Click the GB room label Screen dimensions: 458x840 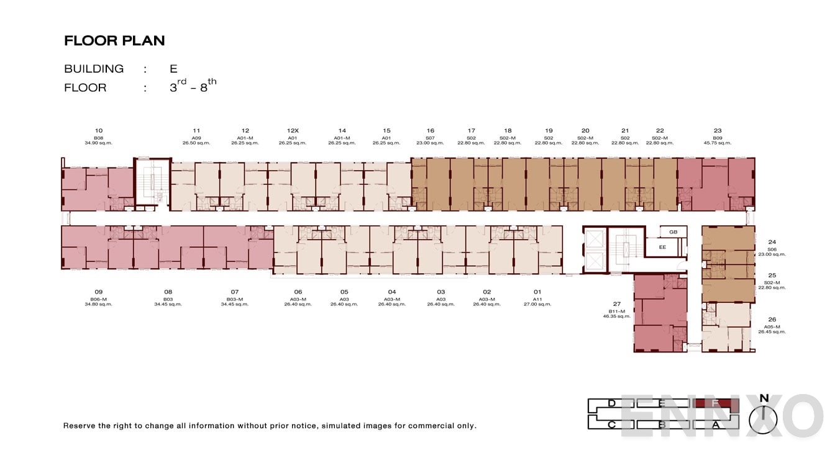click(673, 232)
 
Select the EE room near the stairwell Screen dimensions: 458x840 click(662, 247)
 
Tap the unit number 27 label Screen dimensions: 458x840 click(617, 304)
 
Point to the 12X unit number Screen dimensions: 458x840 click(293, 131)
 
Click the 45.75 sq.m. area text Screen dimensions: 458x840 click(718, 143)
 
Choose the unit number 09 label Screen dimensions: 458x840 click(99, 292)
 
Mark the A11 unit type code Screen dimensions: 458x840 click(537, 299)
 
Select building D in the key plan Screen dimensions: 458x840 click(611, 404)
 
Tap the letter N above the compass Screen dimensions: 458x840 click(764, 398)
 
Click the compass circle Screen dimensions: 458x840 click(764, 420)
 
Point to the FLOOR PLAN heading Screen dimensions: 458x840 click(114, 41)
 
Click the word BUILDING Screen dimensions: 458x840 click(94, 69)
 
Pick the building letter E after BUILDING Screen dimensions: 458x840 click(173, 69)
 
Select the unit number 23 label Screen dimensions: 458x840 click(718, 131)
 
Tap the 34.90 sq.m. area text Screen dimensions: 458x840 click(99, 143)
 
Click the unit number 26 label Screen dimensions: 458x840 click(772, 320)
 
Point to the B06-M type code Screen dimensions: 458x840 click(99, 299)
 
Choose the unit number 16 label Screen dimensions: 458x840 click(431, 131)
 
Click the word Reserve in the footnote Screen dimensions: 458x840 click(79, 426)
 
